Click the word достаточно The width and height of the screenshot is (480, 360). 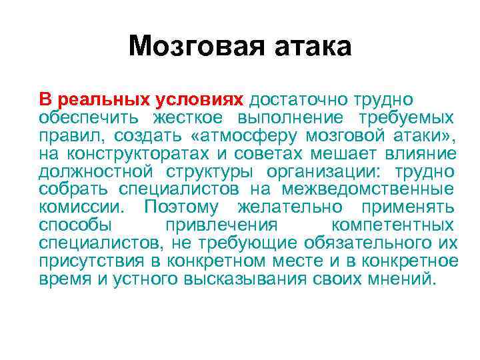tap(297, 100)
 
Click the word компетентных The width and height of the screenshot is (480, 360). tap(395, 225)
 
